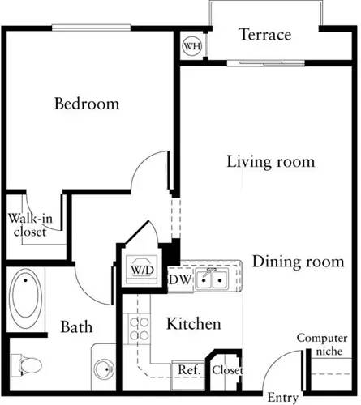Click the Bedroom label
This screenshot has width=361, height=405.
[x=87, y=104]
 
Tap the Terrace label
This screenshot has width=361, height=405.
[x=264, y=35]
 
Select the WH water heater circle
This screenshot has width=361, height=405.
[x=192, y=46]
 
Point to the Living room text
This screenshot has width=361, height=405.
[x=270, y=161]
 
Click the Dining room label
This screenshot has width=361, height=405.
[x=293, y=262]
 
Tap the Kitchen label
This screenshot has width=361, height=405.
[x=194, y=324]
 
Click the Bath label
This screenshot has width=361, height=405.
[x=76, y=328]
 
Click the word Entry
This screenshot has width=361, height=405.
[x=284, y=398]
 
